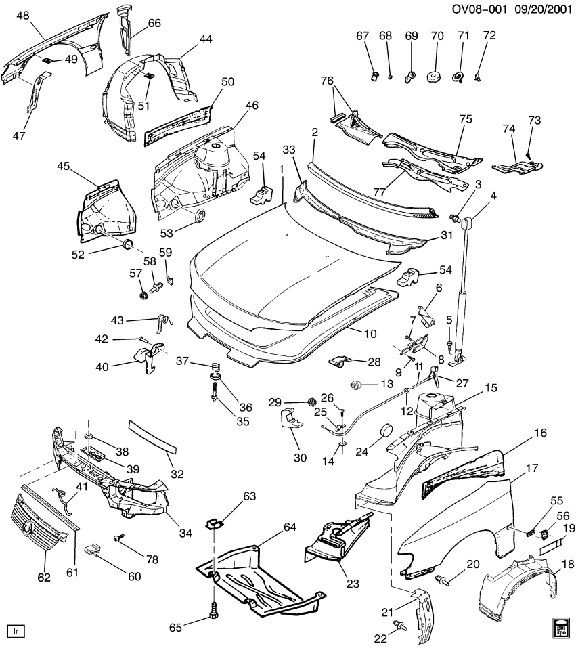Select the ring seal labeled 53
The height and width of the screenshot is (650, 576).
click(x=199, y=216)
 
